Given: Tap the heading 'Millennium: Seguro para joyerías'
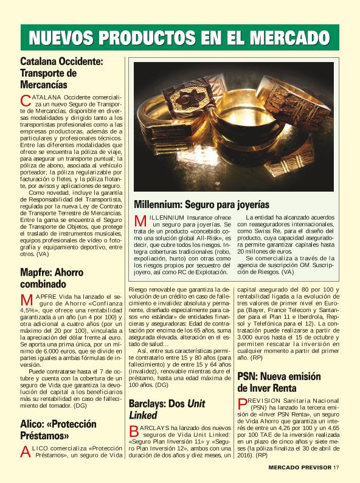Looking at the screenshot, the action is (201, 204).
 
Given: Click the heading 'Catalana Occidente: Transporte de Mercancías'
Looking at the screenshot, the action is (62, 73).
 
